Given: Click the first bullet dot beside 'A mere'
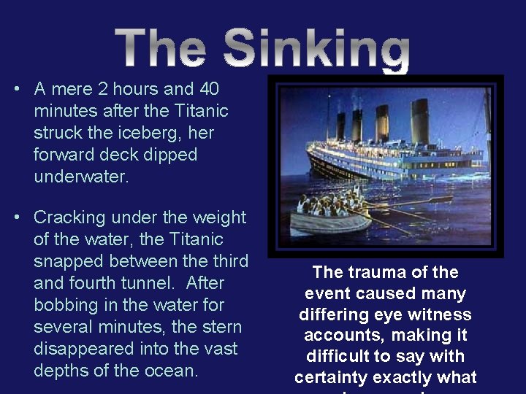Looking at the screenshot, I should pyautogui.click(x=16, y=89).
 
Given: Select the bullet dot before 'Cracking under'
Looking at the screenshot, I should pyautogui.click(x=16, y=217).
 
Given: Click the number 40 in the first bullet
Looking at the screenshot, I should pyautogui.click(x=207, y=89).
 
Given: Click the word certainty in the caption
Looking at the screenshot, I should pyautogui.click(x=331, y=378).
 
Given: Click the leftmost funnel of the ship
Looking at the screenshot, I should pyautogui.click(x=341, y=125).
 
